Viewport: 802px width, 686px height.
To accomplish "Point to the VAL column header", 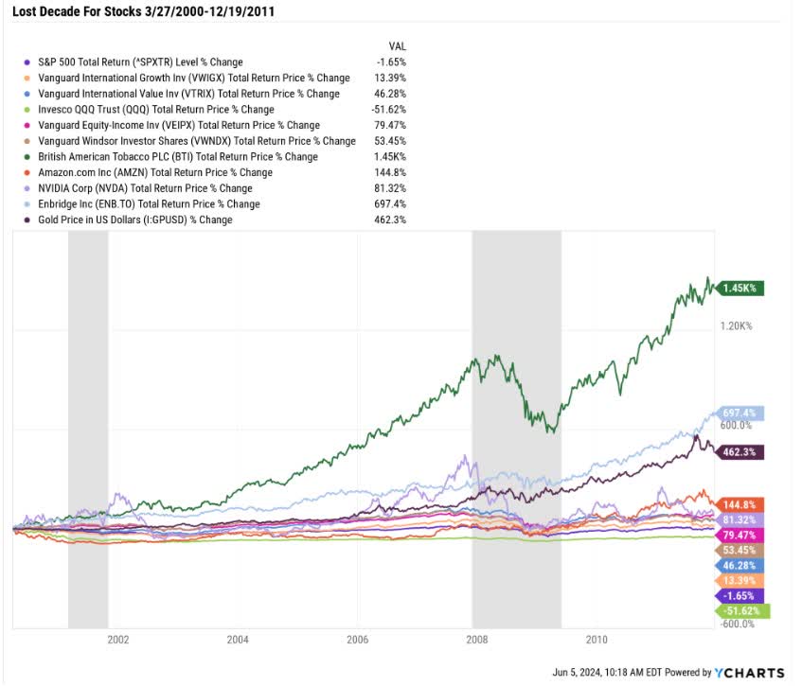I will click(398, 45).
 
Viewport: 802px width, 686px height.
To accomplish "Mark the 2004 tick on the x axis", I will click(238, 639).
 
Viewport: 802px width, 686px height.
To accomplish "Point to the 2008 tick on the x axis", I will click(476, 639).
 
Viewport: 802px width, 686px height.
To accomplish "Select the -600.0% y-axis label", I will click(738, 624).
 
